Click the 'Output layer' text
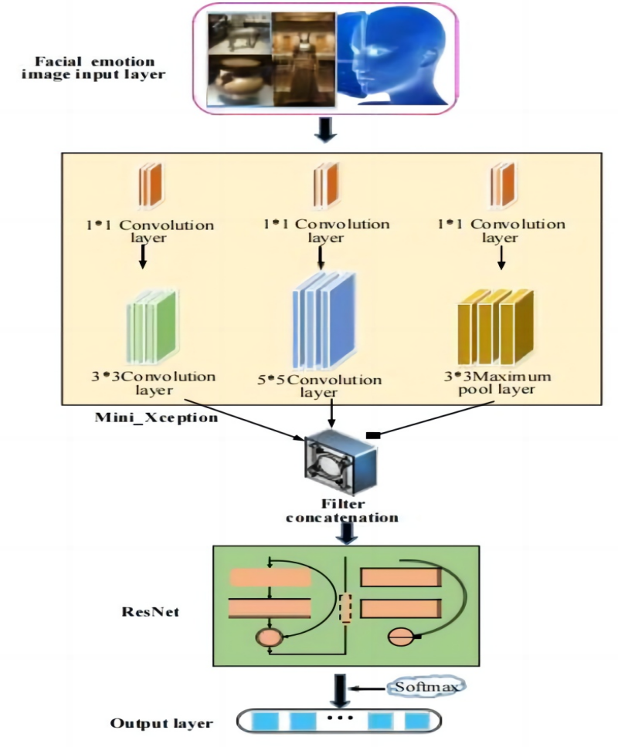click(x=161, y=724)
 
